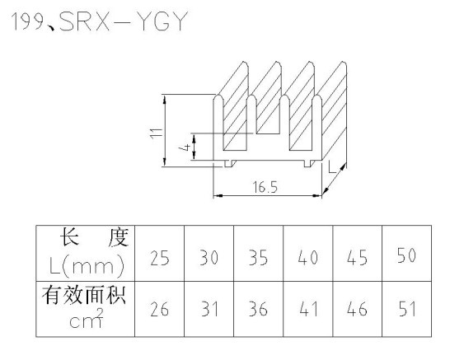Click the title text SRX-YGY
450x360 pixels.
point(124,21)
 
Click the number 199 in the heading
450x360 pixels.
point(27,21)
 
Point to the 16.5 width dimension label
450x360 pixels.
point(265,187)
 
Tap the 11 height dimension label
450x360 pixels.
point(157,133)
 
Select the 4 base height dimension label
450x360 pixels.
point(185,147)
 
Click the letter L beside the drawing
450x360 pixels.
point(331,167)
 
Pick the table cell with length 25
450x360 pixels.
point(160,253)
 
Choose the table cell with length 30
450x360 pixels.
point(209,253)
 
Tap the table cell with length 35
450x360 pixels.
point(258,253)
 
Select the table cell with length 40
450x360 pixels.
point(308,253)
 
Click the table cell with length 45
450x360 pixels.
point(358,253)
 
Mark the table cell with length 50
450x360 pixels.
point(406,253)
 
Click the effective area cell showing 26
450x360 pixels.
point(160,309)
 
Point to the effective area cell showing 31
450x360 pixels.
point(209,309)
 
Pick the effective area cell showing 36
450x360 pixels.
point(258,309)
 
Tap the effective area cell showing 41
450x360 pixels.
point(308,309)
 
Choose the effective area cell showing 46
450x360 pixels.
point(358,309)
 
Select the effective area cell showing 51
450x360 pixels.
point(406,309)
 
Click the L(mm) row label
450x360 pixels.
point(87,266)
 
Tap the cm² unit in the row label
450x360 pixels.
point(86,319)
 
